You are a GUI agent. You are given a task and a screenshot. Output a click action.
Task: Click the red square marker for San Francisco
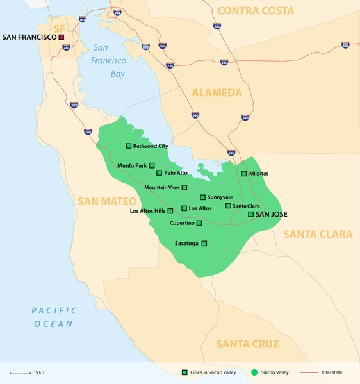61,38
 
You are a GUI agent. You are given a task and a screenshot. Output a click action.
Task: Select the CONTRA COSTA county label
256,11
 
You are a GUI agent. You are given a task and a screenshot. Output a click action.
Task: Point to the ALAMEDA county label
217,93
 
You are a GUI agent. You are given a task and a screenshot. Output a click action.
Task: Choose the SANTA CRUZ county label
247,344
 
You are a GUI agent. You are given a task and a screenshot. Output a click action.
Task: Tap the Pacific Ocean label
54,317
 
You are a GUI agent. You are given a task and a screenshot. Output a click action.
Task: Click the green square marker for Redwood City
129,146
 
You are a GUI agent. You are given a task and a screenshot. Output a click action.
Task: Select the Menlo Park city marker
152,165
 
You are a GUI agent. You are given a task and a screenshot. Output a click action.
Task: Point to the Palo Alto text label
176,173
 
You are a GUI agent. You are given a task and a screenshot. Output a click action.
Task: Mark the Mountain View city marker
184,187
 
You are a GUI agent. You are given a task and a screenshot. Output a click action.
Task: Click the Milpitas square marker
243,174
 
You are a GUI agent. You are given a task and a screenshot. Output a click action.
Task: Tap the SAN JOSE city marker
250,214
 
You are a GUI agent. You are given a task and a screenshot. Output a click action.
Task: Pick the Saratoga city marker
204,243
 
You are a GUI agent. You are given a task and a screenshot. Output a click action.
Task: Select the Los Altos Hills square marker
170,211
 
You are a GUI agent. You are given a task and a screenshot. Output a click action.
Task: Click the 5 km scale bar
20,372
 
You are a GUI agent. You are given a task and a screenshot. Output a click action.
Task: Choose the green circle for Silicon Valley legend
255,372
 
